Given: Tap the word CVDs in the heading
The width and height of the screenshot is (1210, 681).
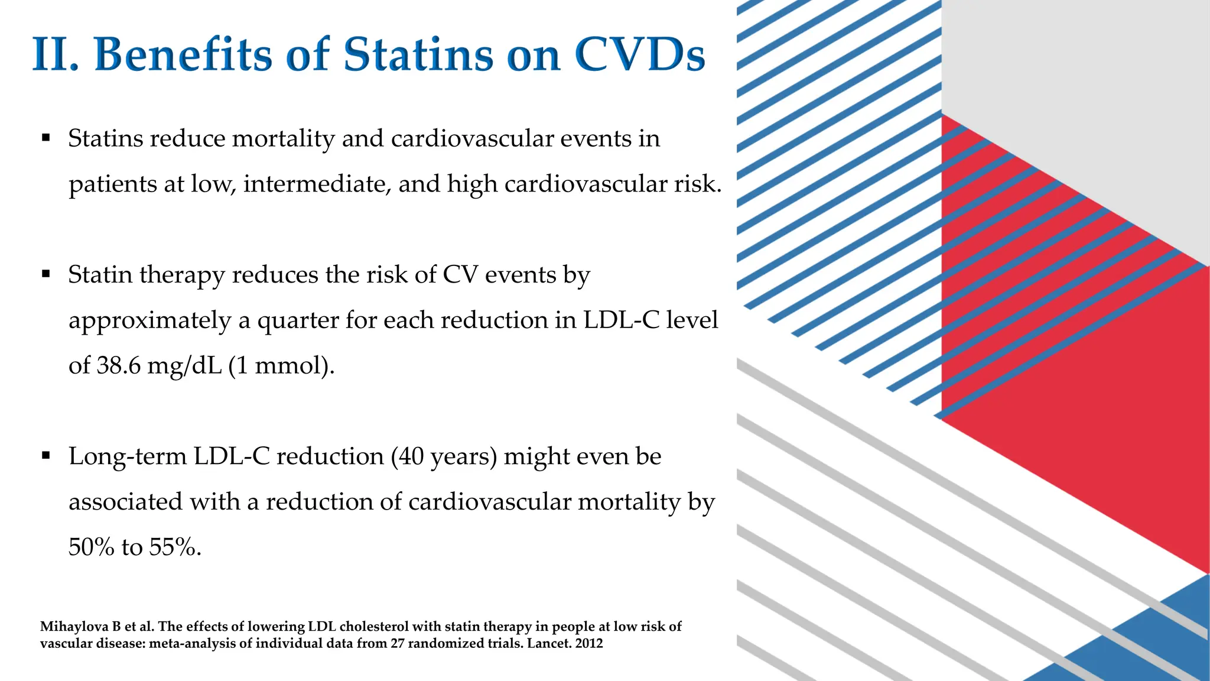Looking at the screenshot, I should point(639,54).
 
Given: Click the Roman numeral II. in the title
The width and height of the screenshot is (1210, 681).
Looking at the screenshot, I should point(55,54).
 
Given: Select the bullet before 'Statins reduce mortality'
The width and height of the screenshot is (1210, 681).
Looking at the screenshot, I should point(46,138).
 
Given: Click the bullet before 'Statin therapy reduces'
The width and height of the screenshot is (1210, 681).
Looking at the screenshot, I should point(46,274).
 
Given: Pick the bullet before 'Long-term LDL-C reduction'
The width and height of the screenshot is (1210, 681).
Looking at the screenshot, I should point(46,456).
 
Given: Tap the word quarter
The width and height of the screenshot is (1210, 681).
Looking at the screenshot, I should point(298,321).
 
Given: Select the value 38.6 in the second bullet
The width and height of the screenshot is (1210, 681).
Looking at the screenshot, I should point(119,366).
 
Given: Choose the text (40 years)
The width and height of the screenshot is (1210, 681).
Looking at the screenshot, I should point(443,456).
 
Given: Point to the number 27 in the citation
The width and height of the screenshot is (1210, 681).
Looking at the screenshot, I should point(397,643).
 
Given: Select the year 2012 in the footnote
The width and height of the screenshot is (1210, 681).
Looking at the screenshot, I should point(588,643).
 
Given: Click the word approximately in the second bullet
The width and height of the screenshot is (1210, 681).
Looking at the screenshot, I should point(149,321).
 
